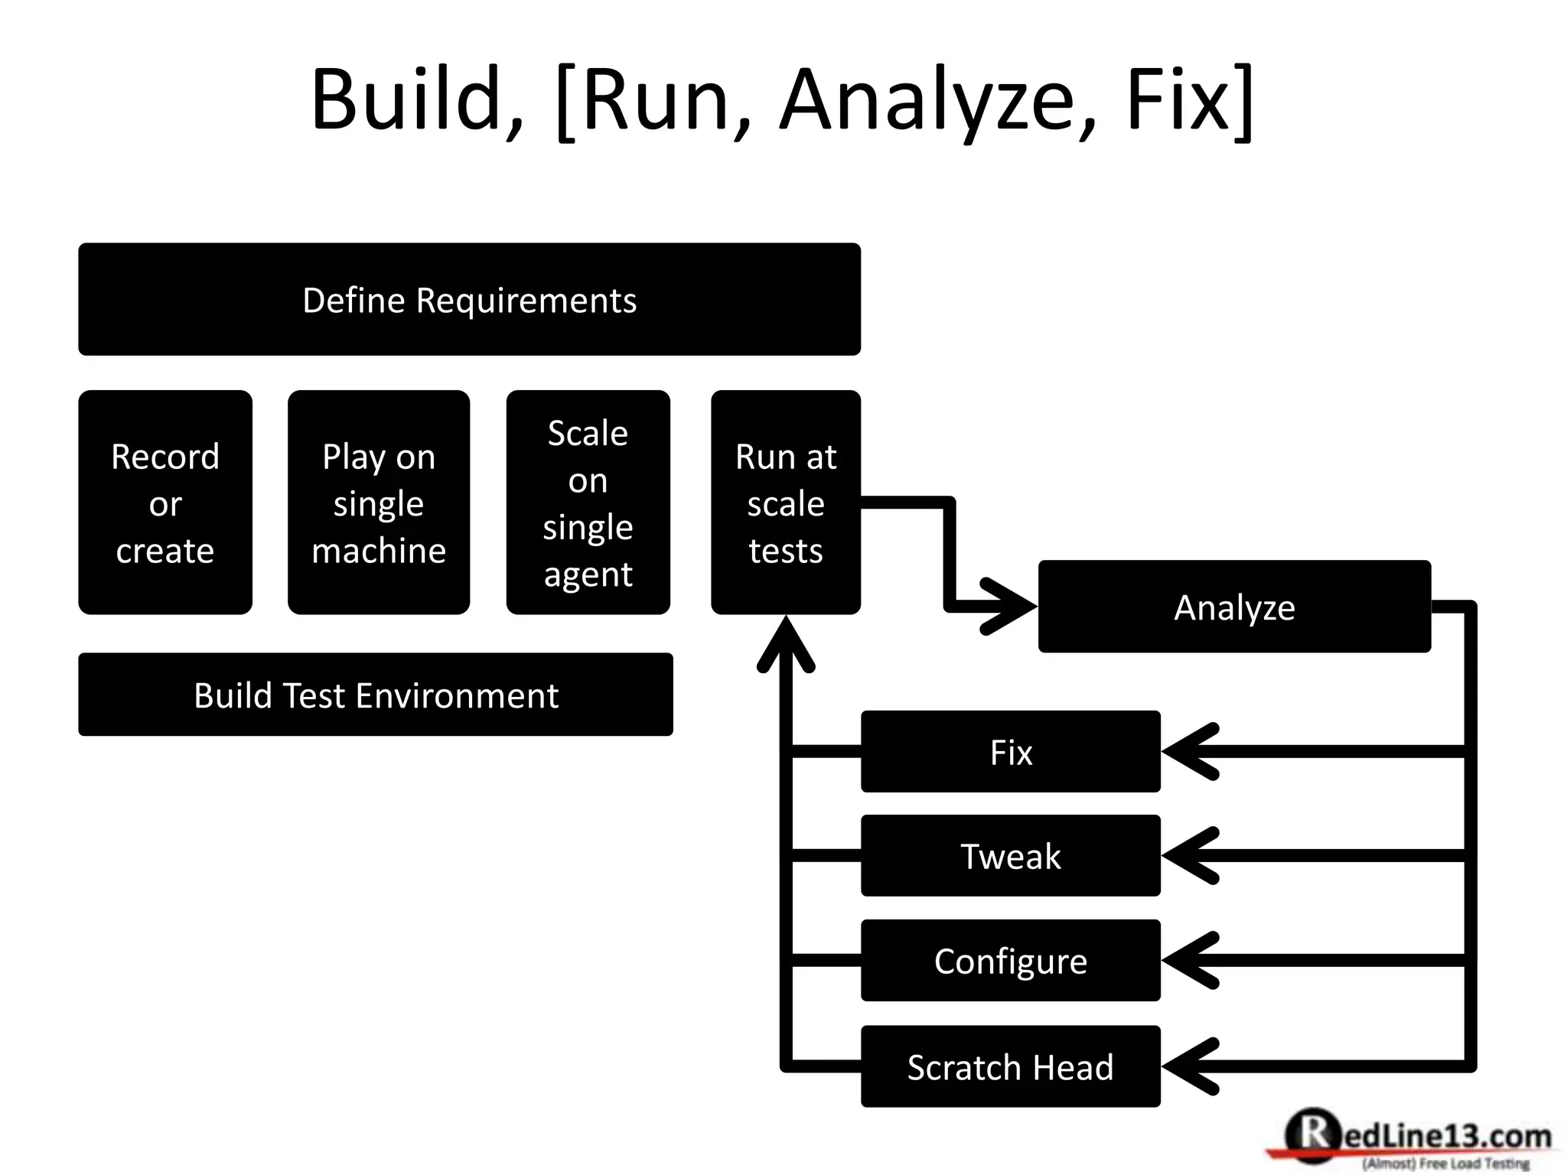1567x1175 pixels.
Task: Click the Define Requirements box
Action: tap(469, 299)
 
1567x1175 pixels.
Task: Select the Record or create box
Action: tap(165, 503)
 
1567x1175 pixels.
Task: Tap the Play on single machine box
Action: tap(379, 503)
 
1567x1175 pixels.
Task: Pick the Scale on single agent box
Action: tap(588, 503)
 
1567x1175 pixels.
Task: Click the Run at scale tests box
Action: tap(786, 503)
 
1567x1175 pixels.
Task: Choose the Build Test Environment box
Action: tap(376, 695)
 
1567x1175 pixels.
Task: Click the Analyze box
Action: tap(1234, 607)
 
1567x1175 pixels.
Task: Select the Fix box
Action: tap(1010, 752)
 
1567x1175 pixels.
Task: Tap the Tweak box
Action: tap(1010, 856)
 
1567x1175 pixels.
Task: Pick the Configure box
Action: tap(1010, 961)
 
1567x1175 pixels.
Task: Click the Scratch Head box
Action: tap(1010, 1066)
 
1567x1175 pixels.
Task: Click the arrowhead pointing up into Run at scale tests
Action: tap(786, 643)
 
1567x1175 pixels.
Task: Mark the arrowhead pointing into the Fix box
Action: tap(1187, 752)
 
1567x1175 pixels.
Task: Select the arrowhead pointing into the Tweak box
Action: tap(1187, 856)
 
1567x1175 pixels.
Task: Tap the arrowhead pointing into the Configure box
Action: tap(1187, 961)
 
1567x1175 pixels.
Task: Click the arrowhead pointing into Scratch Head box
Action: tap(1187, 1066)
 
